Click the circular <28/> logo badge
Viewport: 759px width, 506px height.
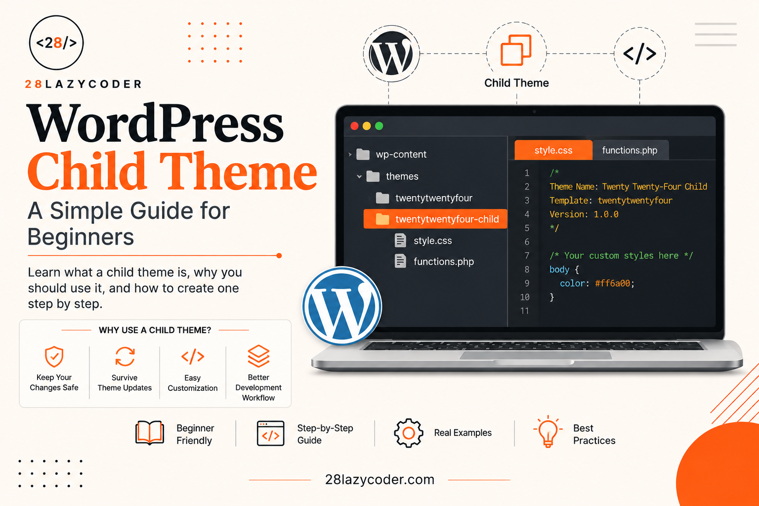(x=56, y=42)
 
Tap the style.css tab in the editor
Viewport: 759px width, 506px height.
(x=553, y=150)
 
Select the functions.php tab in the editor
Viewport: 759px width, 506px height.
(x=630, y=150)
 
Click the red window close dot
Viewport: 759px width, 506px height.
(x=354, y=126)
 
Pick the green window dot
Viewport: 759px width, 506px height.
(x=379, y=126)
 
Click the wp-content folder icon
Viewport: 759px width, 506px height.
(x=363, y=154)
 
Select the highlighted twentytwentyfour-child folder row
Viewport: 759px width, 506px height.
(x=435, y=219)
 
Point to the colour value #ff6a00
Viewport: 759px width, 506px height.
(x=613, y=283)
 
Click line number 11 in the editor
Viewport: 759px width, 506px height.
(x=524, y=311)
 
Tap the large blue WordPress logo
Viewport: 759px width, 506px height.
(x=342, y=306)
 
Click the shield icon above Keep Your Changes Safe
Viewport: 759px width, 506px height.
(x=54, y=357)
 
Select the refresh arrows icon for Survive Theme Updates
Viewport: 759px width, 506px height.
(x=125, y=357)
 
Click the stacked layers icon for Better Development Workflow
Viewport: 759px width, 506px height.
(x=258, y=356)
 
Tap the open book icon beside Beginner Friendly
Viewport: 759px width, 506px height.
(x=150, y=433)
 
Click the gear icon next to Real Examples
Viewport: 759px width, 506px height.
(x=408, y=433)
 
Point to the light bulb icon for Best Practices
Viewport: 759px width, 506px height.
(x=548, y=431)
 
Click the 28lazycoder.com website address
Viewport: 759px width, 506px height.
(x=379, y=480)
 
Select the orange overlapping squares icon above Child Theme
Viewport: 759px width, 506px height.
(x=516, y=50)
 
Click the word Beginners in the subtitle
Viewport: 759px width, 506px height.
(x=81, y=237)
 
